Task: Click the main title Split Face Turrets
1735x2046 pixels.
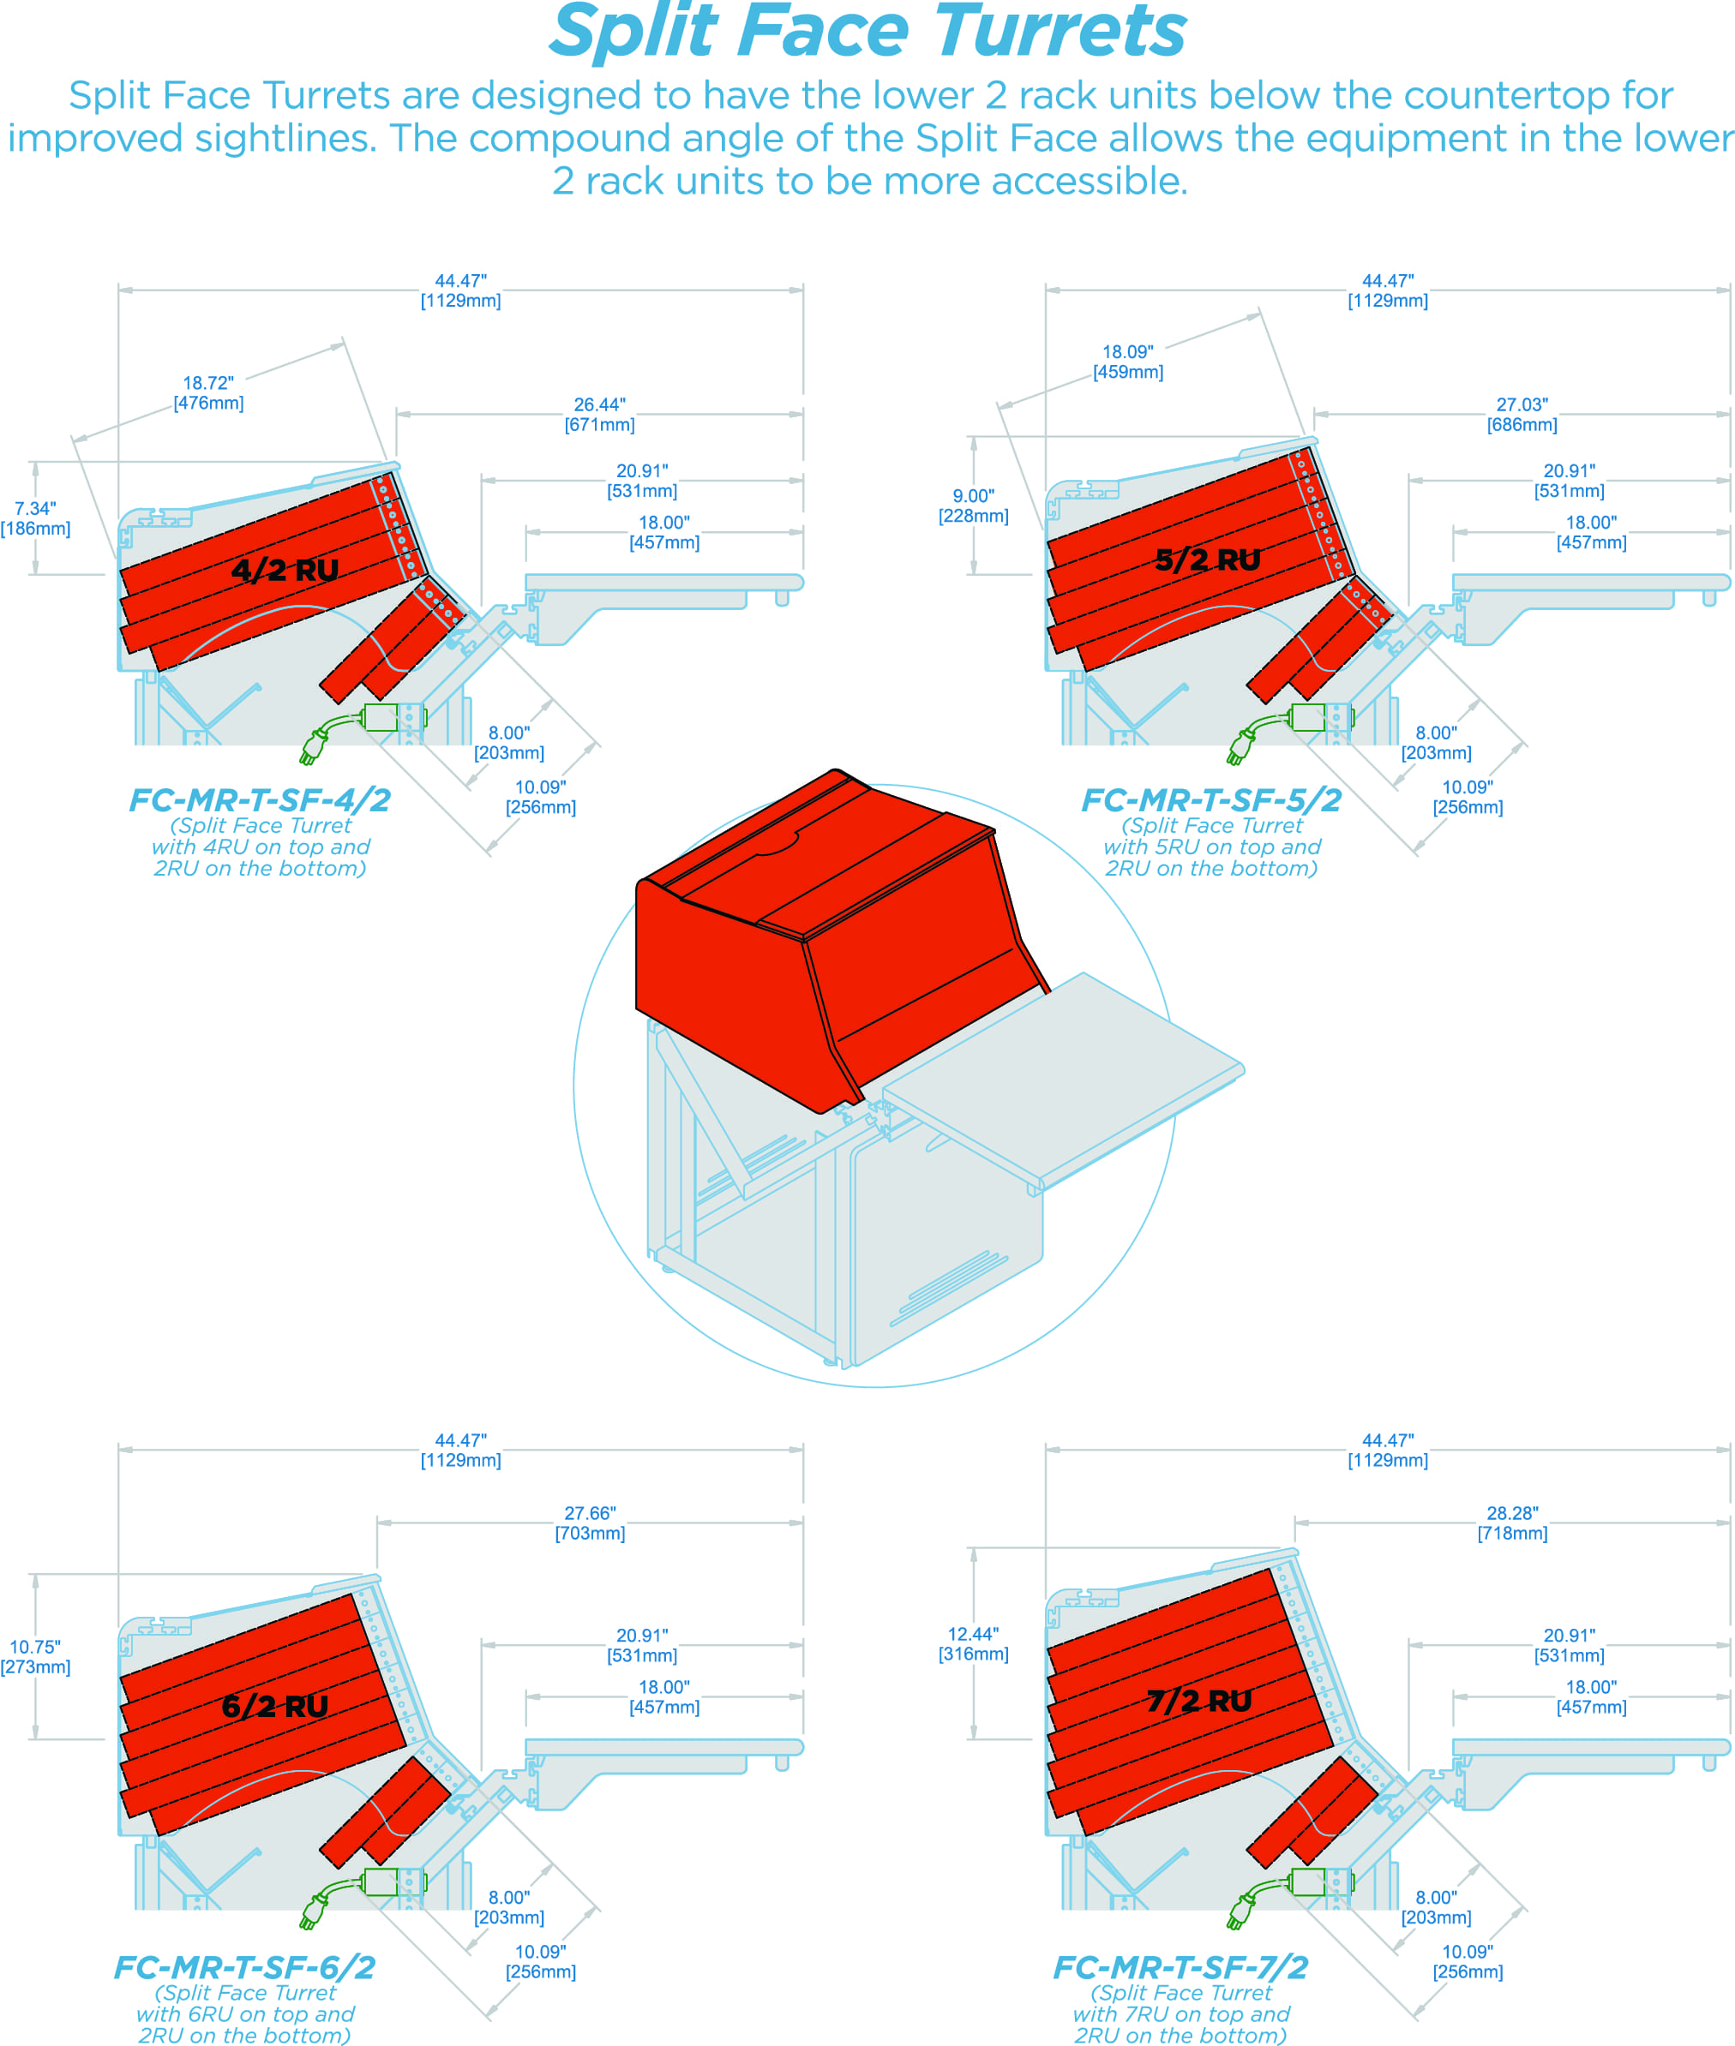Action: pos(867,33)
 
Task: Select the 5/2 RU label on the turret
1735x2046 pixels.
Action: pos(1208,559)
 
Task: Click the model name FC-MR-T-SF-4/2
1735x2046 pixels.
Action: pos(260,800)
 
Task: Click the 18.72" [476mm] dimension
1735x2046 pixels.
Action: pos(208,392)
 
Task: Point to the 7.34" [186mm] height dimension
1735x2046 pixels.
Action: pos(35,518)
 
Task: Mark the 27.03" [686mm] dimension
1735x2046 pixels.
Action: pos(1522,414)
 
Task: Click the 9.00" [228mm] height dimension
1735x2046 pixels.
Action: pos(973,506)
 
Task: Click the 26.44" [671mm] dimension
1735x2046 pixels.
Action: pos(599,414)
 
